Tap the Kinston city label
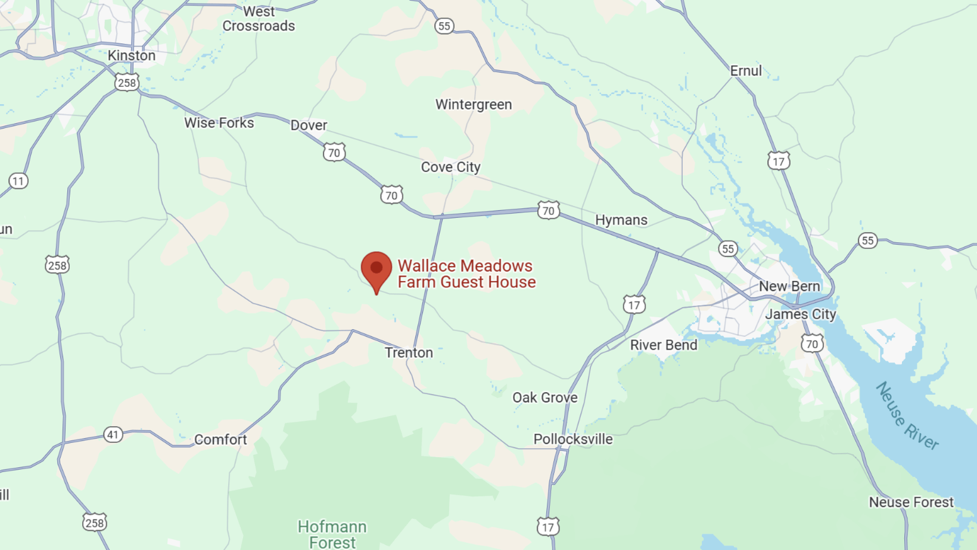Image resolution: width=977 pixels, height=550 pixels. [x=132, y=55]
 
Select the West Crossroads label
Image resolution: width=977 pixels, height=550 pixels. [x=259, y=18]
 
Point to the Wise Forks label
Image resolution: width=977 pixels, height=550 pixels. [x=219, y=123]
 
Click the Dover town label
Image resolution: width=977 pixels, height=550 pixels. [x=309, y=125]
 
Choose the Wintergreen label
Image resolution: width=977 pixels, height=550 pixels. [x=474, y=104]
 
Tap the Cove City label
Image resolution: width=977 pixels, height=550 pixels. [x=450, y=167]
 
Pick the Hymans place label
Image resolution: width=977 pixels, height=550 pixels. [x=621, y=220]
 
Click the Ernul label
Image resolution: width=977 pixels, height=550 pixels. [x=746, y=71]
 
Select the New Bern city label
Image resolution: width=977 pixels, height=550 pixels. [x=789, y=286]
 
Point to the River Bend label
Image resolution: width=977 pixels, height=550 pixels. [x=664, y=345]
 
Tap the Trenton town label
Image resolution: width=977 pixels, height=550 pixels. [x=409, y=352]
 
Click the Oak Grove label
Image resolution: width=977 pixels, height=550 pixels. [x=545, y=397]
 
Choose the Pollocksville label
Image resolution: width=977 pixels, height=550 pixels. [x=573, y=439]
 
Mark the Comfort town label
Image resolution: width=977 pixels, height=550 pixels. [x=220, y=439]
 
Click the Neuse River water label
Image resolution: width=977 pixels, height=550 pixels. [x=907, y=415]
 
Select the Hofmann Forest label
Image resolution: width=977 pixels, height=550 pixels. [x=332, y=534]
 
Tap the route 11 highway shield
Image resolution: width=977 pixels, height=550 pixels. [x=18, y=181]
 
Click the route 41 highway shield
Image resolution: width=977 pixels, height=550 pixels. [x=113, y=435]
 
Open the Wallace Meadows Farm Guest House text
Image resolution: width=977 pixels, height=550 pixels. [x=466, y=274]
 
